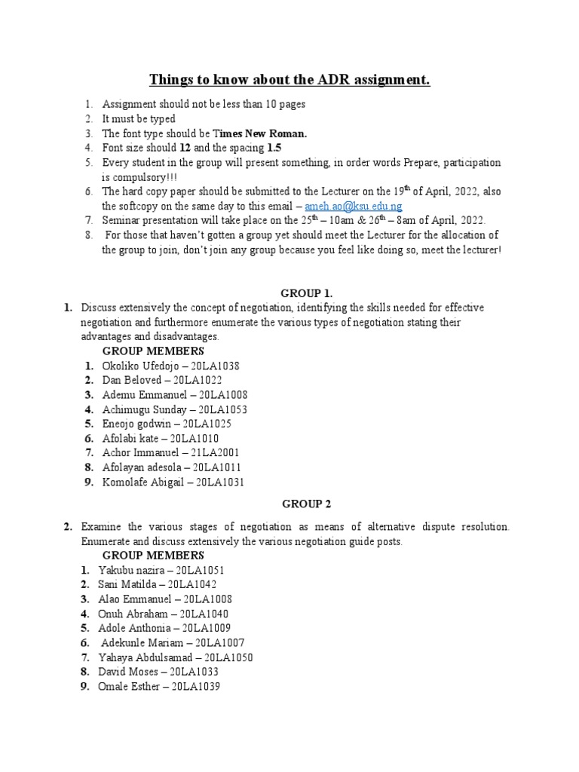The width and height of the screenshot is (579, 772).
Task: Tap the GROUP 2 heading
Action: point(306,504)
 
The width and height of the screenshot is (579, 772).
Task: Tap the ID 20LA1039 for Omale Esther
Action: point(195,687)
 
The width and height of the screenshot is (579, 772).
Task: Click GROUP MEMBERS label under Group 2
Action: point(153,556)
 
